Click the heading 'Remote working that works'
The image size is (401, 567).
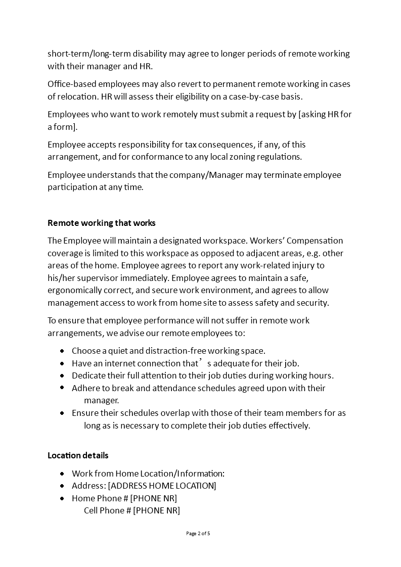[x=102, y=223]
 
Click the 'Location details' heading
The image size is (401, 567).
[x=78, y=455]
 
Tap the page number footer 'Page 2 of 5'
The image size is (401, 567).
[x=198, y=533]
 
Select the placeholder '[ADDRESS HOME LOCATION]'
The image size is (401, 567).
[x=162, y=486]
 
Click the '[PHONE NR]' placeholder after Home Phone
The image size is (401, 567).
[x=154, y=498]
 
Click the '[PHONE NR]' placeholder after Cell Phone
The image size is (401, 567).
[x=156, y=510]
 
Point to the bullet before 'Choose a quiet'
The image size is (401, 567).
[x=62, y=351]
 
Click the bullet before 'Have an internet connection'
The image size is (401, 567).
[x=62, y=363]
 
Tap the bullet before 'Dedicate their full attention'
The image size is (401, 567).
[x=62, y=375]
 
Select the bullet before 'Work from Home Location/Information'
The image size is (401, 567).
[x=62, y=474]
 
